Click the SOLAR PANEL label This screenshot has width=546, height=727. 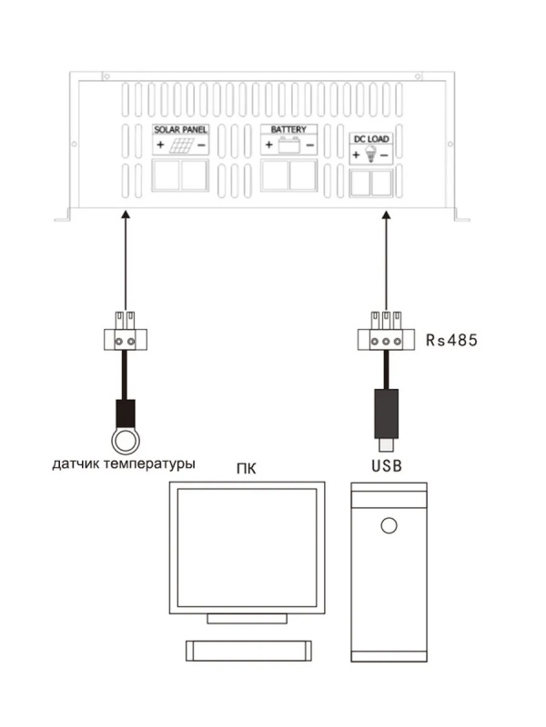[180, 130]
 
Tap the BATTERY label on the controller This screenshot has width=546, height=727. [288, 129]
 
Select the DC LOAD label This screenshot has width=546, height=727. [371, 139]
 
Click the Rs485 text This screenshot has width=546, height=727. [451, 340]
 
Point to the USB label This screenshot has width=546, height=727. [386, 465]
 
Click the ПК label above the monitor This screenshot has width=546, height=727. [246, 469]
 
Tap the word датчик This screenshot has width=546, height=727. [76, 463]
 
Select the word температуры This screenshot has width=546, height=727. [149, 463]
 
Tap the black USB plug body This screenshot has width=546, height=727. [386, 413]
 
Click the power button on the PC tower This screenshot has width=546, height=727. [389, 525]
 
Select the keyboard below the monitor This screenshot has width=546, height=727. [248, 651]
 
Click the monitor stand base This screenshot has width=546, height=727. [247, 619]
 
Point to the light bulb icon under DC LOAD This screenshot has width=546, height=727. [370, 154]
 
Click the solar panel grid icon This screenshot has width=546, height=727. [181, 145]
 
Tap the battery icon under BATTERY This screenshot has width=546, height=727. [288, 145]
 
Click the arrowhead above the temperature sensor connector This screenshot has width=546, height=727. [126, 214]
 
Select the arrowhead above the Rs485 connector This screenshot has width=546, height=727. [386, 214]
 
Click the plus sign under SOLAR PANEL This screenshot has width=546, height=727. [160, 145]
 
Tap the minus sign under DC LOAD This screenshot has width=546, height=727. [384, 155]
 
